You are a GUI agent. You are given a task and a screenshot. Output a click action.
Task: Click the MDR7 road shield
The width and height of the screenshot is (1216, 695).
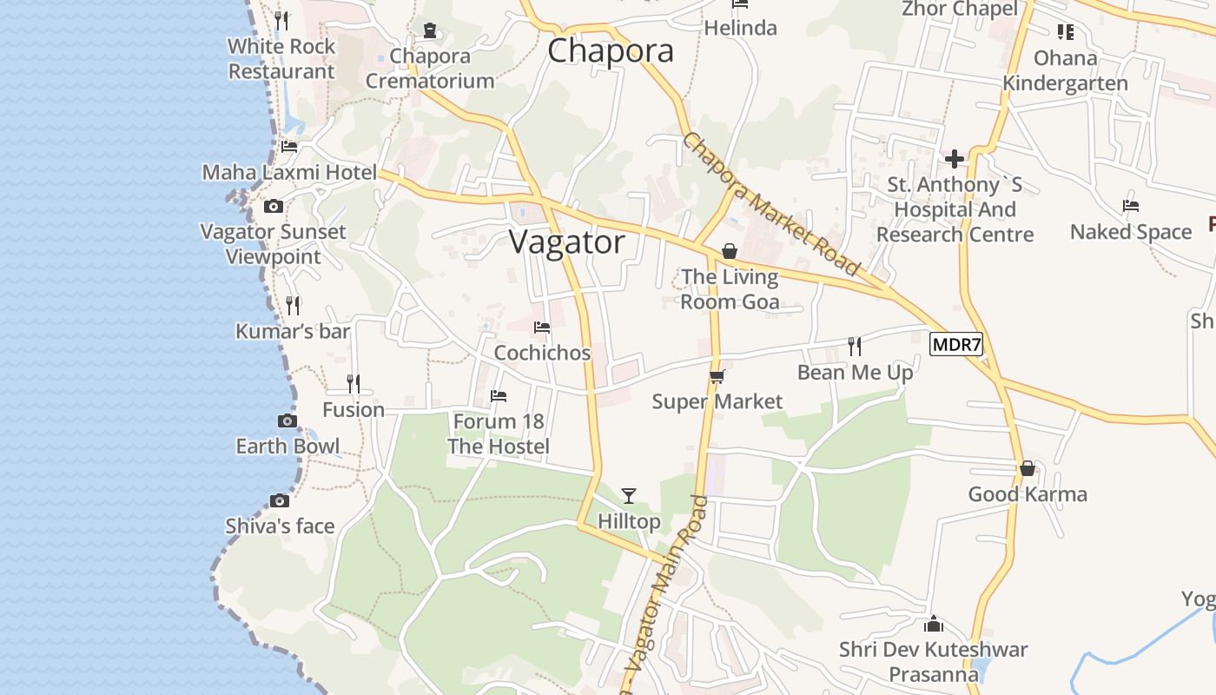(x=956, y=345)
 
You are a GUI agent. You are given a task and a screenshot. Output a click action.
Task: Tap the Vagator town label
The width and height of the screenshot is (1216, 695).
(x=567, y=242)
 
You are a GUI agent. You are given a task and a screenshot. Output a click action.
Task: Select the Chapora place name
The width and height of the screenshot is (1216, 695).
(x=611, y=50)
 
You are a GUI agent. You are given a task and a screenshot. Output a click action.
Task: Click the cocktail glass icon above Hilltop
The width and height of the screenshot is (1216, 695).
(x=629, y=496)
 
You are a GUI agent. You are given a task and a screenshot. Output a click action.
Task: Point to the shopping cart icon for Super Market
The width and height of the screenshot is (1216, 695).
(x=717, y=376)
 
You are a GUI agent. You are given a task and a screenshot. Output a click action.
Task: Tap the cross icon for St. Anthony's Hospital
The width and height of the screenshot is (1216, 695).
(x=955, y=159)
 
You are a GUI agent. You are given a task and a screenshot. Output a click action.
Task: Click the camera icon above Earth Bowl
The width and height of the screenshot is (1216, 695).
(x=287, y=421)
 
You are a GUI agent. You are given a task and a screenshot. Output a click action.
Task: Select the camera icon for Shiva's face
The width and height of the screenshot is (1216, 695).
(x=279, y=500)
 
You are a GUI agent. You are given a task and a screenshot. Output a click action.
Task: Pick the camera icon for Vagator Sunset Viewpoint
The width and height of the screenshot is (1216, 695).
(x=274, y=207)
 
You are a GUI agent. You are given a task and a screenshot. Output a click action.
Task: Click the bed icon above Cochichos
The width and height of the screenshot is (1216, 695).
(x=542, y=328)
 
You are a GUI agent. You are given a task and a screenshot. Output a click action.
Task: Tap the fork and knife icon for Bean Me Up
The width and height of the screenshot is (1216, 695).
(x=855, y=347)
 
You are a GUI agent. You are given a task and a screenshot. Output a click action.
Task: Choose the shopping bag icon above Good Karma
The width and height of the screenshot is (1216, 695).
(x=1028, y=469)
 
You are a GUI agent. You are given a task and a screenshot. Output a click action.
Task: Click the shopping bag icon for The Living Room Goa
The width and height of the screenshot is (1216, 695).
(x=730, y=251)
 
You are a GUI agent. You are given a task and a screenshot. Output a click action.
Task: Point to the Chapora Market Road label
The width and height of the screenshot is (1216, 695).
(x=770, y=205)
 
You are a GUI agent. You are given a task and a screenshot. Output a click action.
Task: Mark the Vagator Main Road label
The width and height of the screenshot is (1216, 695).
(x=668, y=595)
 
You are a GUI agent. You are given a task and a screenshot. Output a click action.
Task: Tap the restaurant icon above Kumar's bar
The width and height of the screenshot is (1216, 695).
(x=293, y=306)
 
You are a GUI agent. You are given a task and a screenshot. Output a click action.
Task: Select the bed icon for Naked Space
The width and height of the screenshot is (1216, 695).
(x=1130, y=206)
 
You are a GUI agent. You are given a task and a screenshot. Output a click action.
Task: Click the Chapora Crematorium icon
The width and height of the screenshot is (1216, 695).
(x=429, y=30)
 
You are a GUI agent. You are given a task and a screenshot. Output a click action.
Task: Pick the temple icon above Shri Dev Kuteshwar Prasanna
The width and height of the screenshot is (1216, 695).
(x=934, y=624)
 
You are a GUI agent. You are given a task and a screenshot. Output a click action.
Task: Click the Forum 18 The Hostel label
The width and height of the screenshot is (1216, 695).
(x=499, y=434)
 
